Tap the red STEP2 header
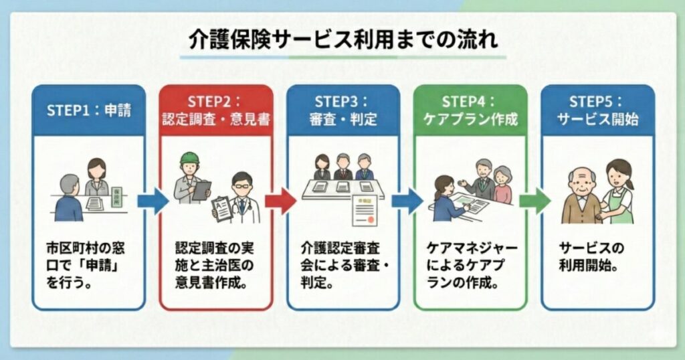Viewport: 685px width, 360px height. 215,111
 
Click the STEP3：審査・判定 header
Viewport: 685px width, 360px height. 343,111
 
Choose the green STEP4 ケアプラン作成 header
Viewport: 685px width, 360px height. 470,111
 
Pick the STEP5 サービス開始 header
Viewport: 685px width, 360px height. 597,111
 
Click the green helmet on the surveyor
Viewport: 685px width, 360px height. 191,159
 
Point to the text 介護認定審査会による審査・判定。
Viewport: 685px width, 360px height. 343,263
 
